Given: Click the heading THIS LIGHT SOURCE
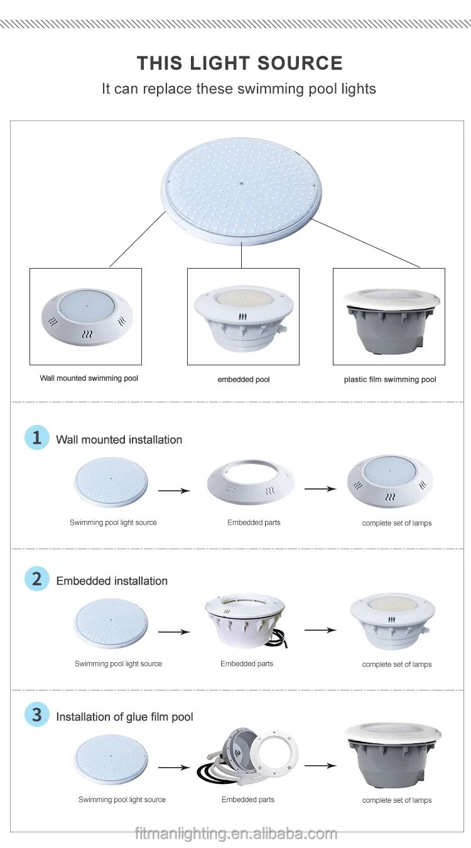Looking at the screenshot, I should pyautogui.click(x=239, y=63).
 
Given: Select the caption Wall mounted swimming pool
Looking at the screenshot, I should pyautogui.click(x=89, y=378).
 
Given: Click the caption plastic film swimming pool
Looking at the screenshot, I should pyautogui.click(x=390, y=380).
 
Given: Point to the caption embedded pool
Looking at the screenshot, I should pyautogui.click(x=244, y=380).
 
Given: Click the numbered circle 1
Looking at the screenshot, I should pyautogui.click(x=36, y=437).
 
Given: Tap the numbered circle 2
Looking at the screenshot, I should pyautogui.click(x=36, y=579).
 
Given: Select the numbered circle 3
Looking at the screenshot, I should pyautogui.click(x=36, y=715).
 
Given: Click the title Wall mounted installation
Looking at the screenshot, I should pyautogui.click(x=119, y=440).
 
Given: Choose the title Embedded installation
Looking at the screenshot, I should pyautogui.click(x=112, y=581).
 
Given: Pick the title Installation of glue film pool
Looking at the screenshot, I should pyautogui.click(x=124, y=717).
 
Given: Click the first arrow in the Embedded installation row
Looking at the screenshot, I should pyautogui.click(x=173, y=631).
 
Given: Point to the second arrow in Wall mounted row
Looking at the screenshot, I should pyautogui.click(x=320, y=488).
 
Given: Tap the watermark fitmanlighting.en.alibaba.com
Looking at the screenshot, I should pyautogui.click(x=235, y=834).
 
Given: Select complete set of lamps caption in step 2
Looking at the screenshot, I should pyautogui.click(x=397, y=664).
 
